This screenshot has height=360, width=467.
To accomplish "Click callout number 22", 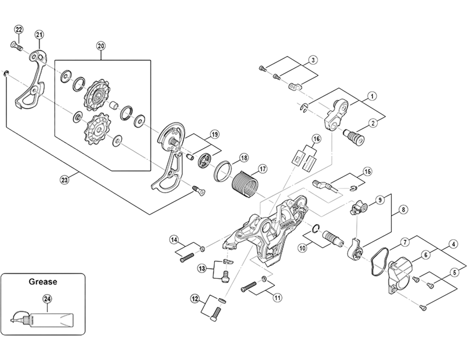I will coord(18,30).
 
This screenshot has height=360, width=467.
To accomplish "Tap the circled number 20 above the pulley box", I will coord(100,46).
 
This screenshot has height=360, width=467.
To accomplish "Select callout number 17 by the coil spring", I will coord(262,169).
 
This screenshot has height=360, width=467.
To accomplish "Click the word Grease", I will coord(43,282).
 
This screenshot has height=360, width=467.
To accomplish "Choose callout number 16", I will coord(316,138).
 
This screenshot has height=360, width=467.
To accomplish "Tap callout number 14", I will coord(174,240).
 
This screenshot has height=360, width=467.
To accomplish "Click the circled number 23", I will coord(64,180).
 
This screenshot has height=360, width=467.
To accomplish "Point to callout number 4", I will coord(452,244).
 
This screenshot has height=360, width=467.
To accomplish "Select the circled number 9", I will coord(379,200).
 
